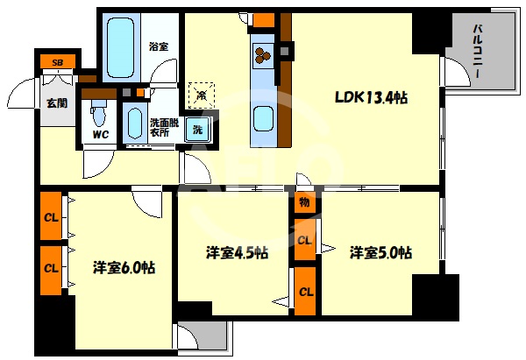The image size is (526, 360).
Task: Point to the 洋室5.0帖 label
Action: coord(380,252)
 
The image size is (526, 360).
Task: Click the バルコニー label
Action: coord(480,53)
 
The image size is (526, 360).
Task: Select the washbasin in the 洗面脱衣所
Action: coord(133,124)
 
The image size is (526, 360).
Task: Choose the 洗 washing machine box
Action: coord(198,130)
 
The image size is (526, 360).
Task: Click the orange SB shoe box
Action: coord(57,62)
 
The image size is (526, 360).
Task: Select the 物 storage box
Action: coord(303,202)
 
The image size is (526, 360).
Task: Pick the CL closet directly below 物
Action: coord(304,239)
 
